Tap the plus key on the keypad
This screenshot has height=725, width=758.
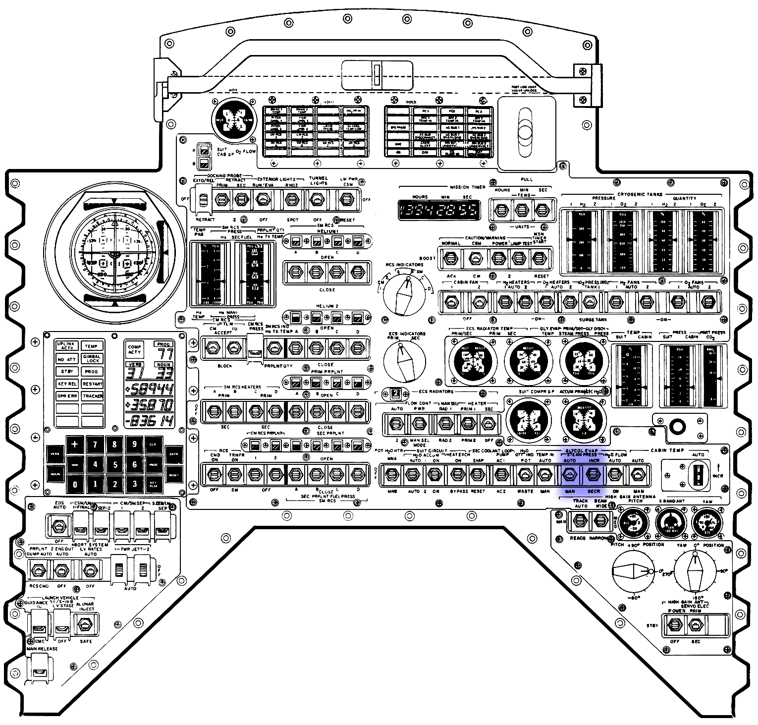tap(75, 444)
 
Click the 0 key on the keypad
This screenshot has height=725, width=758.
tap(75, 484)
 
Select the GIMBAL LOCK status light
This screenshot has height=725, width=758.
tap(92, 358)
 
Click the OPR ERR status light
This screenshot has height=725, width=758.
tap(67, 396)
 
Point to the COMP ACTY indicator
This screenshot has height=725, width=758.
tap(135, 349)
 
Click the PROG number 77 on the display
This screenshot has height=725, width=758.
tap(164, 353)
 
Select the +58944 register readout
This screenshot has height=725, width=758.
tap(150, 389)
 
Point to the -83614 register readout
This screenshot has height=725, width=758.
tap(150, 421)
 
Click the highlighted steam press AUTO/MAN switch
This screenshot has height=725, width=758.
tap(570, 475)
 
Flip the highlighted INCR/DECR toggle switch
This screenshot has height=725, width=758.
tap(593, 475)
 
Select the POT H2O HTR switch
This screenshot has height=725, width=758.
tap(392, 475)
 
